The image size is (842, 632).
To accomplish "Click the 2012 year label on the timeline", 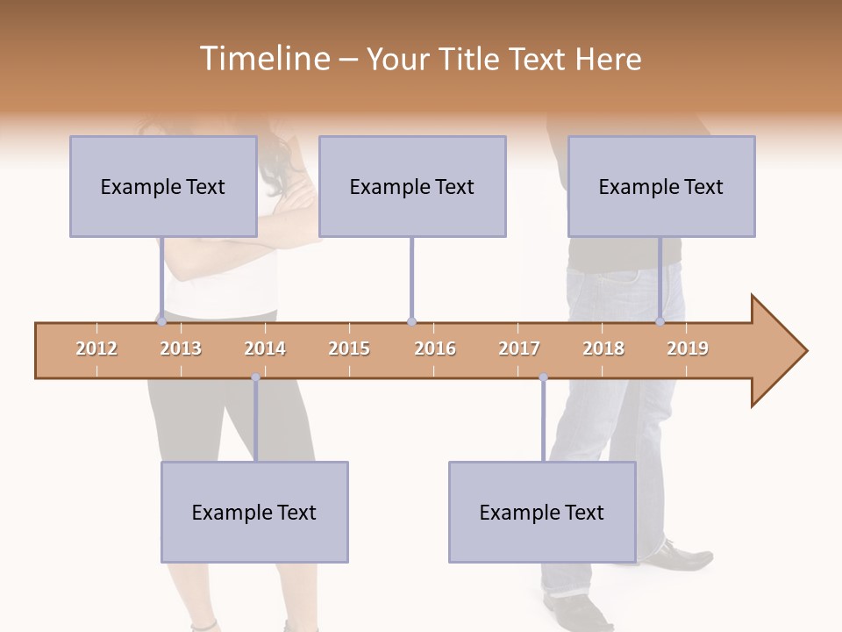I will pyautogui.click(x=96, y=348).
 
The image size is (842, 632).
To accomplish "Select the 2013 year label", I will pyautogui.click(x=181, y=348).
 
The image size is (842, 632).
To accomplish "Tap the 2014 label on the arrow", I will pyautogui.click(x=265, y=348).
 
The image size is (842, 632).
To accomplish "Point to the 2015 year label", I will pyautogui.click(x=349, y=348).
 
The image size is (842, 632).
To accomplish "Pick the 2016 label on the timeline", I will pyautogui.click(x=435, y=348).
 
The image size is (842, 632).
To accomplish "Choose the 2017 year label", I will pyautogui.click(x=519, y=348).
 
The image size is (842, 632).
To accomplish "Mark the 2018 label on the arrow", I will pyautogui.click(x=603, y=348).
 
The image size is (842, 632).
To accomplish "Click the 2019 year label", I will pyautogui.click(x=688, y=348).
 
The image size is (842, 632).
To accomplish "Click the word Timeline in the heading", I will pyautogui.click(x=263, y=59).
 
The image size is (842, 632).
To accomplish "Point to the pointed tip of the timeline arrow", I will pyautogui.click(x=804, y=351).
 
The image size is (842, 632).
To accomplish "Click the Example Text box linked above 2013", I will pyautogui.click(x=163, y=186).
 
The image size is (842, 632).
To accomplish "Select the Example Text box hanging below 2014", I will pyautogui.click(x=254, y=512).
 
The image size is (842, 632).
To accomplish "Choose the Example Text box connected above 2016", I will pyautogui.click(x=412, y=186).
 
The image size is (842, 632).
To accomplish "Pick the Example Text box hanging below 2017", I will pyautogui.click(x=542, y=512).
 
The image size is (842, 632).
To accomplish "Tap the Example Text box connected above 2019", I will pyautogui.click(x=661, y=186).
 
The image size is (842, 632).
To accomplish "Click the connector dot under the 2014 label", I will pyautogui.click(x=255, y=377).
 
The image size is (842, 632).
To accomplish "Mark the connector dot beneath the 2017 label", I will pyautogui.click(x=543, y=377).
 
